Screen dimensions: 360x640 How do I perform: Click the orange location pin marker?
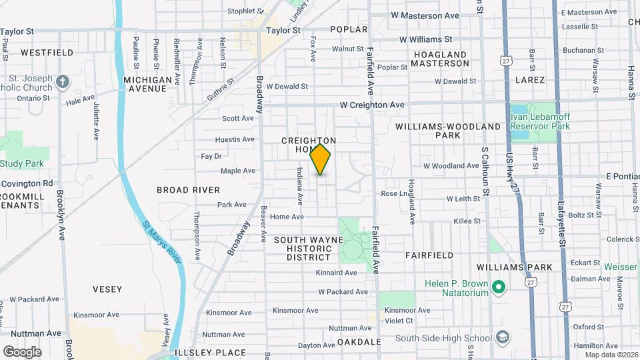(x=321, y=159)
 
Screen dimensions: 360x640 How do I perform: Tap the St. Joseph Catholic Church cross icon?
(x=63, y=81)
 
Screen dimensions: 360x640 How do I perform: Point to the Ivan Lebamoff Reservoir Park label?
(x=540, y=121)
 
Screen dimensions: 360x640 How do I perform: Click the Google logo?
(x=22, y=351)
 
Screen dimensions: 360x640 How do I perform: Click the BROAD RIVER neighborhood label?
(x=188, y=190)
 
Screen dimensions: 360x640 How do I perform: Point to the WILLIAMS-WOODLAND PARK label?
(x=457, y=131)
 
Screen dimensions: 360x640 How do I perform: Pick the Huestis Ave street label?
(x=235, y=140)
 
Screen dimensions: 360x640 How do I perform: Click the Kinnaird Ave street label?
(x=337, y=273)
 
